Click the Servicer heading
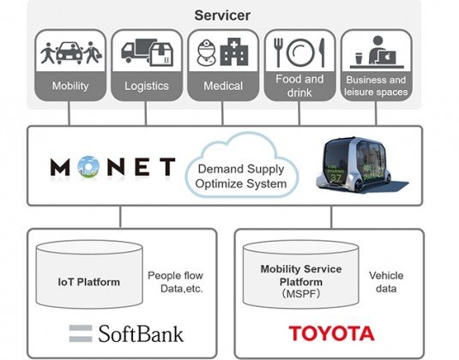[x=222, y=15]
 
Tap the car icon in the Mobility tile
[x=69, y=53]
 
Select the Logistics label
[x=147, y=86]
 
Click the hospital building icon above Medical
[x=234, y=51]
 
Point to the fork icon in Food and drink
[x=278, y=52]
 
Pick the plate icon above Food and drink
[x=300, y=52]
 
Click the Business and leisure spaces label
[x=376, y=86]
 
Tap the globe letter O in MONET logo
[x=88, y=167]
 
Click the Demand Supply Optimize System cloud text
[x=241, y=177]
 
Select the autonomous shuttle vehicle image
[x=360, y=165]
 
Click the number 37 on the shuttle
[x=335, y=177]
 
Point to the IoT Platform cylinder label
[x=89, y=282]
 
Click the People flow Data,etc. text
[x=175, y=282]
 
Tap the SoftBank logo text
[x=141, y=333]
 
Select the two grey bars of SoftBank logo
[x=81, y=333]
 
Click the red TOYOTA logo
[x=332, y=333]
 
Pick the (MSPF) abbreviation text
[x=301, y=294]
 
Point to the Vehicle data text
[x=386, y=282]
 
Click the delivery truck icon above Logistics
[x=135, y=51]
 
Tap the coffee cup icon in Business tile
[x=359, y=58]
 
